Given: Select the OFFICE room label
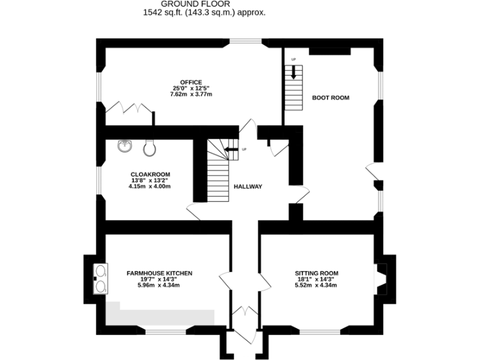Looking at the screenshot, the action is click(191, 82).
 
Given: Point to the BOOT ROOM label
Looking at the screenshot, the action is click(330, 97).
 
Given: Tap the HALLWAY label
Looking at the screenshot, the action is click(247, 186).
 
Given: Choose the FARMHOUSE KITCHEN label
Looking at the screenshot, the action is click(159, 273).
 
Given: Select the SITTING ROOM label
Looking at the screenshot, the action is click(316, 273).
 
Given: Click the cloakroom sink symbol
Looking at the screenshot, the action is click(125, 146).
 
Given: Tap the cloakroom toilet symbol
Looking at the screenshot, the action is click(149, 148).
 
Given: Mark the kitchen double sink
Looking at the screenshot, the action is click(100, 279).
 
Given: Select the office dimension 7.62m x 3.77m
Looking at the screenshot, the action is click(191, 94).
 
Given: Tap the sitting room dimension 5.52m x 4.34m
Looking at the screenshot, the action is click(316, 286).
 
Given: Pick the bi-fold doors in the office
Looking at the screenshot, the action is click(129, 109).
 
